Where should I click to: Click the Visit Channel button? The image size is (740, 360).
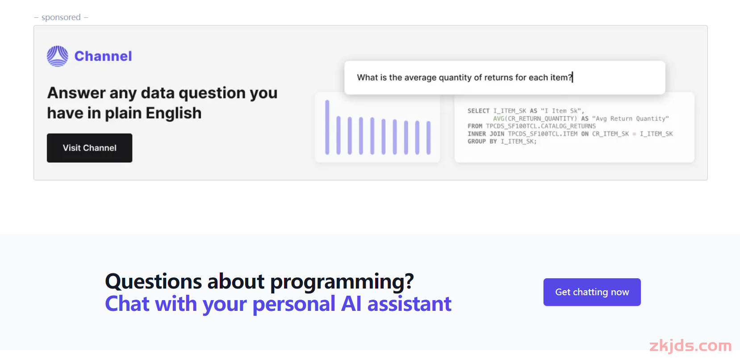click(x=89, y=148)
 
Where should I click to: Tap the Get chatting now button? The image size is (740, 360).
click(x=592, y=292)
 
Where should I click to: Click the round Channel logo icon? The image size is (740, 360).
click(x=58, y=56)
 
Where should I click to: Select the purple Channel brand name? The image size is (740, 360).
click(x=103, y=56)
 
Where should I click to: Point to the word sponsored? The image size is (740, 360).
click(x=61, y=17)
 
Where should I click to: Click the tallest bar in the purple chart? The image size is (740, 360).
click(x=327, y=127)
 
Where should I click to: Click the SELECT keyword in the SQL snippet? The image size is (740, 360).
click(x=478, y=111)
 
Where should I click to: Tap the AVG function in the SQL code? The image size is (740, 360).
click(x=498, y=118)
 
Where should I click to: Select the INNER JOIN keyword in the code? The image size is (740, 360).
click(x=486, y=134)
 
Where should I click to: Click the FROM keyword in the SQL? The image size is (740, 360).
click(x=475, y=126)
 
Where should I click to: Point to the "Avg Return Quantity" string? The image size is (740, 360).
click(x=631, y=118)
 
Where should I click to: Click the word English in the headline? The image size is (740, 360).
click(x=173, y=113)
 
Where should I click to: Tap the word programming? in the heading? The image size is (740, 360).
click(x=342, y=282)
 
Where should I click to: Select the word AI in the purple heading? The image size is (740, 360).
click(x=351, y=304)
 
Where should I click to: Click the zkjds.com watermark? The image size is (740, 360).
click(x=690, y=346)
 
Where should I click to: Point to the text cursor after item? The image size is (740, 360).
click(x=573, y=77)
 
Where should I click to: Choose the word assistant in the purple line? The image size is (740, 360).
click(x=410, y=304)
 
